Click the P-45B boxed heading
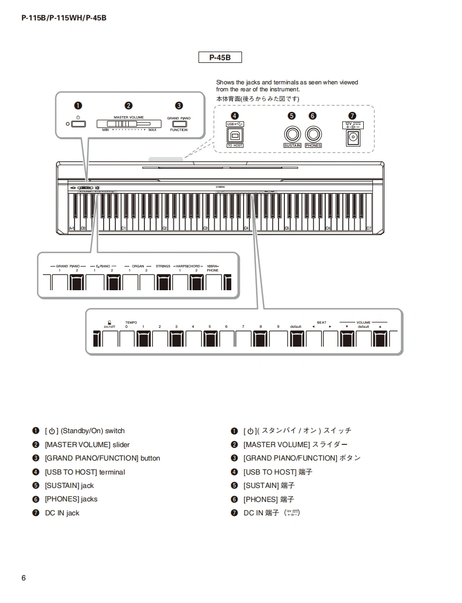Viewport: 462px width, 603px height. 220,57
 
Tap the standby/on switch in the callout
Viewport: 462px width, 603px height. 78,124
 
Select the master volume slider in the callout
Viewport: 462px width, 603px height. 124,124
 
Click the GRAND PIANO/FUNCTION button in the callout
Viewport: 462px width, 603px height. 179,123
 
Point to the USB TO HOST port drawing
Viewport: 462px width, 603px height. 235,135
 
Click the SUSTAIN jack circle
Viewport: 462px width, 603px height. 291,134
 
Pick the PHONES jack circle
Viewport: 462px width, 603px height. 313,134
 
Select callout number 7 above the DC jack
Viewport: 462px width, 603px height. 352,116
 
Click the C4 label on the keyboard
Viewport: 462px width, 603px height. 246,228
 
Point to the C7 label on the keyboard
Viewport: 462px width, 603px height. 369,228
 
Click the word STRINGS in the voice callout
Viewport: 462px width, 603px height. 163,266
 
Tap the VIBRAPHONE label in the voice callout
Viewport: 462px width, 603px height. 213,268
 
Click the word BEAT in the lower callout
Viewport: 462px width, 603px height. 321,322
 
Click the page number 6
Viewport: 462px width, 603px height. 24,578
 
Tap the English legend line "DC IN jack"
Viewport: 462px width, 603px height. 62,513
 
